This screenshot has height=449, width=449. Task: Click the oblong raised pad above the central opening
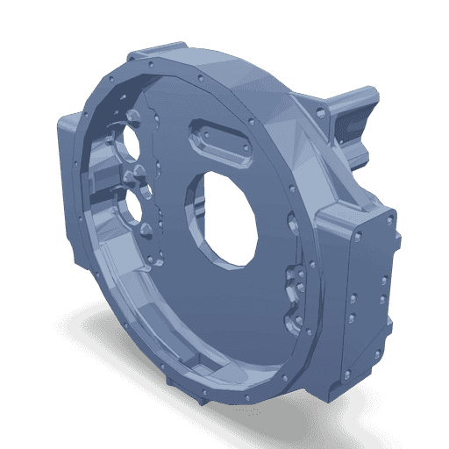coord(221,141)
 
